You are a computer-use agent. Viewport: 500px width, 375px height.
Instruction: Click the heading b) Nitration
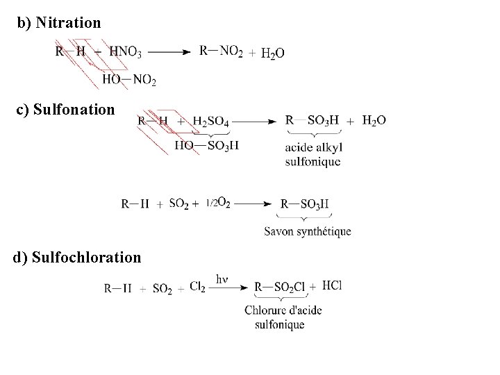[59, 23]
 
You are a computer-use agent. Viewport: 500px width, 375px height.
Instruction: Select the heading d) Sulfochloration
[77, 258]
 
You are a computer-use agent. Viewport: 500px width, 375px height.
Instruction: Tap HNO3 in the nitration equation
[126, 51]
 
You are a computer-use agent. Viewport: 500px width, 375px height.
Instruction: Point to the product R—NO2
[221, 51]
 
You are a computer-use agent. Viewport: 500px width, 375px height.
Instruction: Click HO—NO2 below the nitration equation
[129, 80]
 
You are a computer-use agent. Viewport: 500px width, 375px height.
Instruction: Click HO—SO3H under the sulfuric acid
[206, 145]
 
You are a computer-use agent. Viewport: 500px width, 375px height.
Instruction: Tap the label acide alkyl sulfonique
[313, 155]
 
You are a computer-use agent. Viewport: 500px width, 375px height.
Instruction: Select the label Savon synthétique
[308, 231]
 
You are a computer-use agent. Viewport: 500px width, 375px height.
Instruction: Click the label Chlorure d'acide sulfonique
[283, 317]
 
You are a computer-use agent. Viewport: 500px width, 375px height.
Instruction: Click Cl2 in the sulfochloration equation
[197, 286]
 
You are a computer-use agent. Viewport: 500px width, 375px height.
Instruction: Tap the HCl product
[333, 285]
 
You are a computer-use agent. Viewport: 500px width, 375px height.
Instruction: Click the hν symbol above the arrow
[222, 279]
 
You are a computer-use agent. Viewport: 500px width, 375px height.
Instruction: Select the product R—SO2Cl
[279, 287]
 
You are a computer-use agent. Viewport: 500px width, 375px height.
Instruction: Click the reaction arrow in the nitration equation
[169, 51]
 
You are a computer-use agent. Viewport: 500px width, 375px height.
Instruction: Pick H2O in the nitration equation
[272, 53]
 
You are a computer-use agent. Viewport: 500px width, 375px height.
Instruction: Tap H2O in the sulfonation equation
[374, 121]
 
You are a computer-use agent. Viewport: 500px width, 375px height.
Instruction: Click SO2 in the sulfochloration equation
[162, 288]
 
